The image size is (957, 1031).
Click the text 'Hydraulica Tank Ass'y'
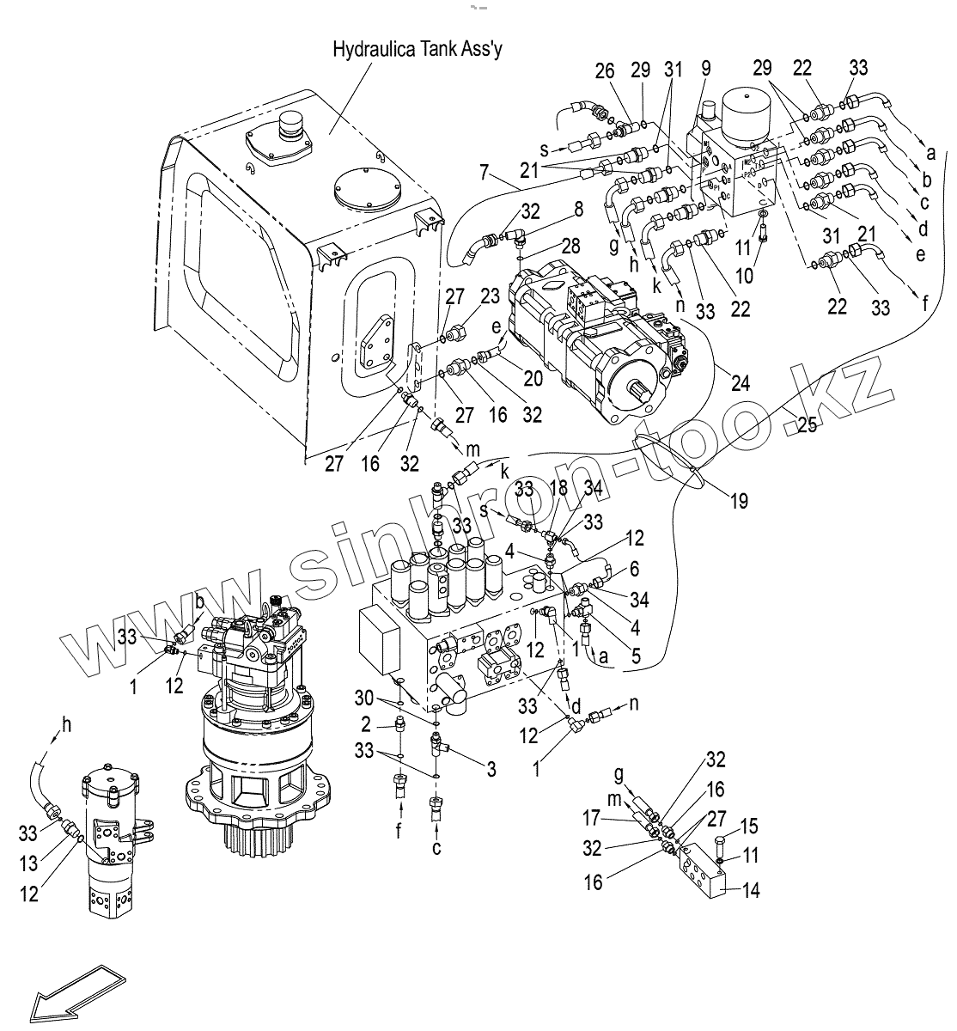418,49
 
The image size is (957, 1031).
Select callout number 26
605,70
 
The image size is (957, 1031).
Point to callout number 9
705,70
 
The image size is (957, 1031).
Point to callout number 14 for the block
750,891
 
